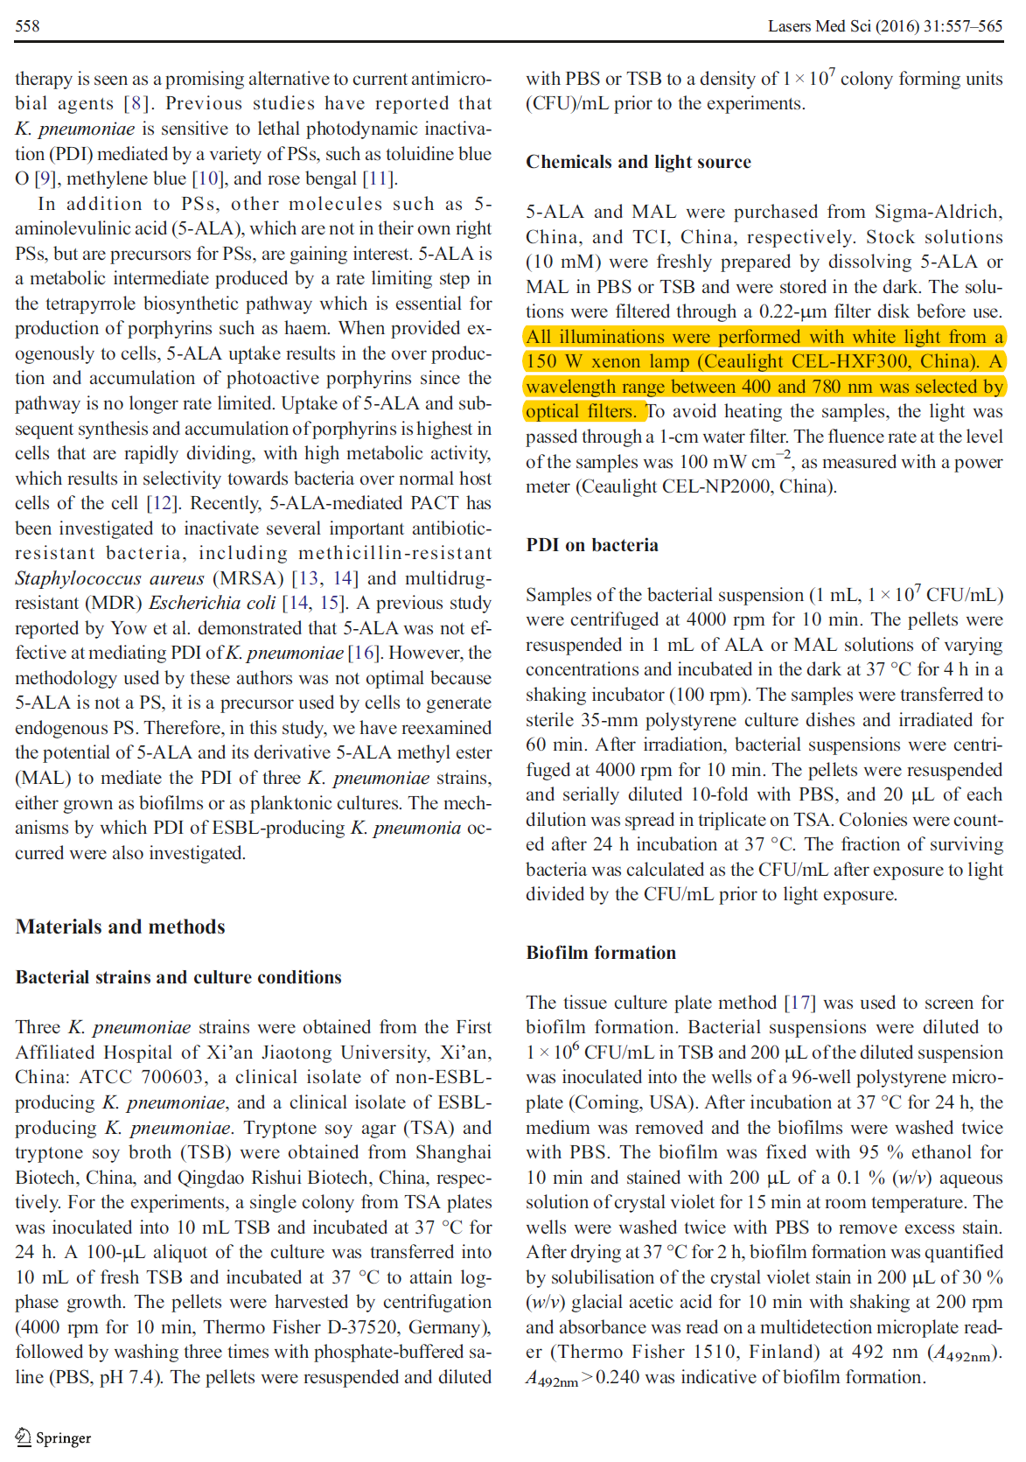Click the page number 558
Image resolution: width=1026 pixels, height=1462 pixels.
pos(27,25)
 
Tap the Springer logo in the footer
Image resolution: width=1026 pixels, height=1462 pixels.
pos(53,1437)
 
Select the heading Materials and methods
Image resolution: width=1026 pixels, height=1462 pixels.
pos(120,927)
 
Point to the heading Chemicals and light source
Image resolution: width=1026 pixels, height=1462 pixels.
pos(638,162)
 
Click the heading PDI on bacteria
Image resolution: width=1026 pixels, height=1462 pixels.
pos(591,544)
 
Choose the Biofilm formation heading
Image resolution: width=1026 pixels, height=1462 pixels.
pos(600,952)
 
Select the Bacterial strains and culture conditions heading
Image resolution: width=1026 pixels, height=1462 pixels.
pos(178,976)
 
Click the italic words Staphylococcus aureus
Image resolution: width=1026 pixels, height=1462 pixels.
pos(109,578)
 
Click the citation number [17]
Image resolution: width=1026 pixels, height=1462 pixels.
pos(799,1002)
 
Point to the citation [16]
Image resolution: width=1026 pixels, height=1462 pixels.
pos(363,653)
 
